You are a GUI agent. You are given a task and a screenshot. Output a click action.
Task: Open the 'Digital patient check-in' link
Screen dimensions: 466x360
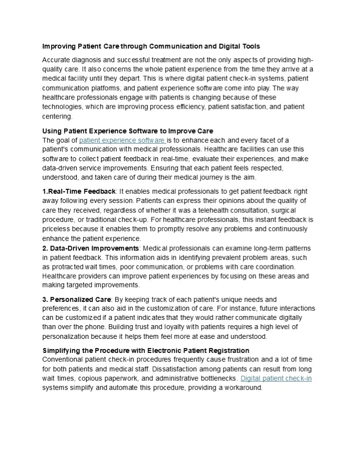pyautogui.click(x=276, y=378)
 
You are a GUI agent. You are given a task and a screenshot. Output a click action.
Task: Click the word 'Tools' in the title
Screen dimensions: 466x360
pyautogui.click(x=249, y=46)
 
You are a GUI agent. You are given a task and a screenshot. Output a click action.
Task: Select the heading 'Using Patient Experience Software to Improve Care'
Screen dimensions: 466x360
pyautogui.click(x=128, y=131)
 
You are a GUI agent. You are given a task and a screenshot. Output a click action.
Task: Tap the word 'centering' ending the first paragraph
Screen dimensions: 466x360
pyautogui.click(x=57, y=116)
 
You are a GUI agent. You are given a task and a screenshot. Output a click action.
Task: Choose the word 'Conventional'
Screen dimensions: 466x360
pyautogui.click(x=64, y=359)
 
